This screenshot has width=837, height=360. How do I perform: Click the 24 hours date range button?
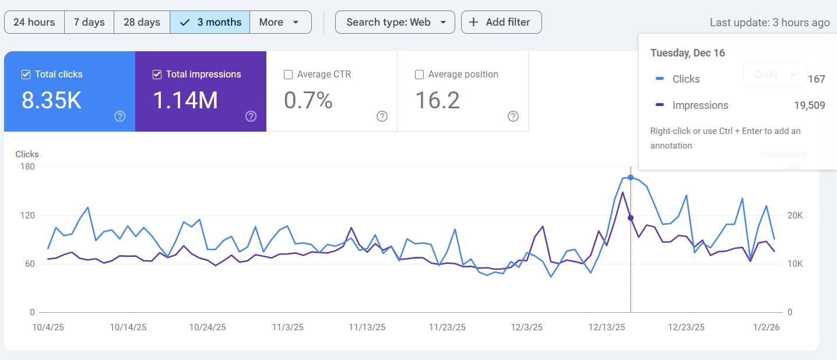pos(34,22)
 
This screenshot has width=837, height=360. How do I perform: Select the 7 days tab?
pos(89,22)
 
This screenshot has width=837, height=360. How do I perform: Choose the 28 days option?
pos(142,22)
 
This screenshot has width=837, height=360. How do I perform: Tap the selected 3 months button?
pos(210,22)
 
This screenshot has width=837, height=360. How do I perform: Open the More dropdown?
pos(280,22)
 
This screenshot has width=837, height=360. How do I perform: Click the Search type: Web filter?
pos(395,22)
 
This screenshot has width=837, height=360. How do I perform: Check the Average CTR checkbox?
pos(288,75)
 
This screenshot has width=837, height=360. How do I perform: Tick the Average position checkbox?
pos(419,75)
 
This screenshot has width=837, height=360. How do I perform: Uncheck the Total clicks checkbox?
pos(26,75)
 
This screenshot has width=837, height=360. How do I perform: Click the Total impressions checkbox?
pos(157,75)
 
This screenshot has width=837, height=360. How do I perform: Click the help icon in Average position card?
pos(513,116)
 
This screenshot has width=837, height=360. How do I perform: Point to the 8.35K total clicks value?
pos(51,101)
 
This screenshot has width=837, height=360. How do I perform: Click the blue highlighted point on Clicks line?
pos(631,177)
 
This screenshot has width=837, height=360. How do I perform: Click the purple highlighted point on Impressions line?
pos(631,218)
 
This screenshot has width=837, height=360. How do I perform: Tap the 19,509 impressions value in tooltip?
pos(809,105)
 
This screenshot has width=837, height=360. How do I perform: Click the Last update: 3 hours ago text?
pos(769,23)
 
